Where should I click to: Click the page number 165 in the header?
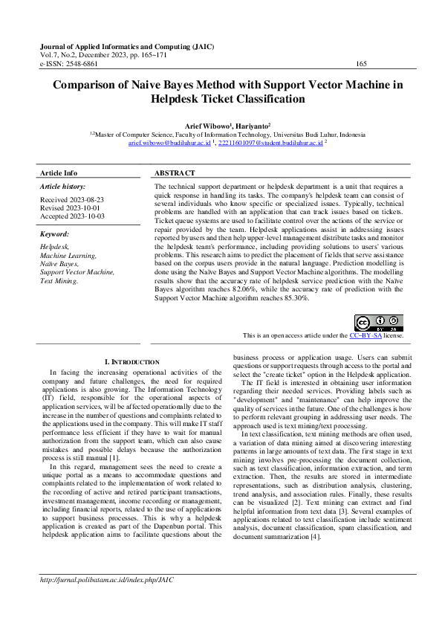pos(361,65)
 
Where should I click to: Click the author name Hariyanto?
pos(252,127)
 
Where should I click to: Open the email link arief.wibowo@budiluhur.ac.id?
pos(170,143)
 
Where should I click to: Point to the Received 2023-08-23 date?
pos(71,200)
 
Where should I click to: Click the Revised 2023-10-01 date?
pos(71,208)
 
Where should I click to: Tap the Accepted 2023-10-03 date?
pos(72,216)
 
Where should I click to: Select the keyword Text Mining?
pos(59,282)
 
